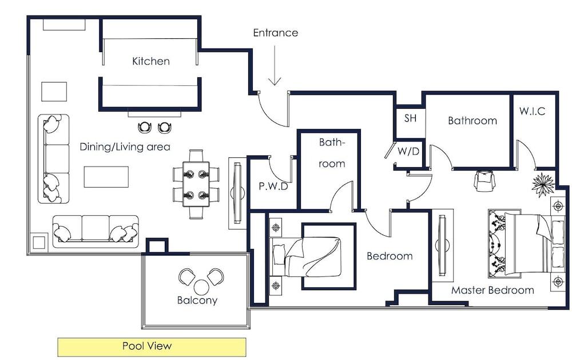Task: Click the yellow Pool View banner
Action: pyautogui.click(x=152, y=347)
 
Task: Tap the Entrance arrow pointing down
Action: pyautogui.click(x=275, y=65)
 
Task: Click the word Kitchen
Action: pyautogui.click(x=150, y=61)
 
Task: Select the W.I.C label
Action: pyautogui.click(x=532, y=111)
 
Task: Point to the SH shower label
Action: pyautogui.click(x=410, y=118)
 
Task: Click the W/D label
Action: pyautogui.click(x=408, y=151)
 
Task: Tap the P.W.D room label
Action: pyautogui.click(x=273, y=186)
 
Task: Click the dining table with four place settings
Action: pyautogui.click(x=196, y=184)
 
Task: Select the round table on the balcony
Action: pyautogui.click(x=201, y=287)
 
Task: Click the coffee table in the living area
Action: pyautogui.click(x=106, y=177)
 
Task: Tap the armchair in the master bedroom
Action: pyautogui.click(x=484, y=180)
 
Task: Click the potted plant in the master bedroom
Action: pyautogui.click(x=543, y=185)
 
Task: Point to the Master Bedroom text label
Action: pyautogui.click(x=492, y=290)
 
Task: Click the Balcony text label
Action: pyautogui.click(x=197, y=300)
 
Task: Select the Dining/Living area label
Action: pyautogui.click(x=125, y=147)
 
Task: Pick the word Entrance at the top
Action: pyautogui.click(x=276, y=33)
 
